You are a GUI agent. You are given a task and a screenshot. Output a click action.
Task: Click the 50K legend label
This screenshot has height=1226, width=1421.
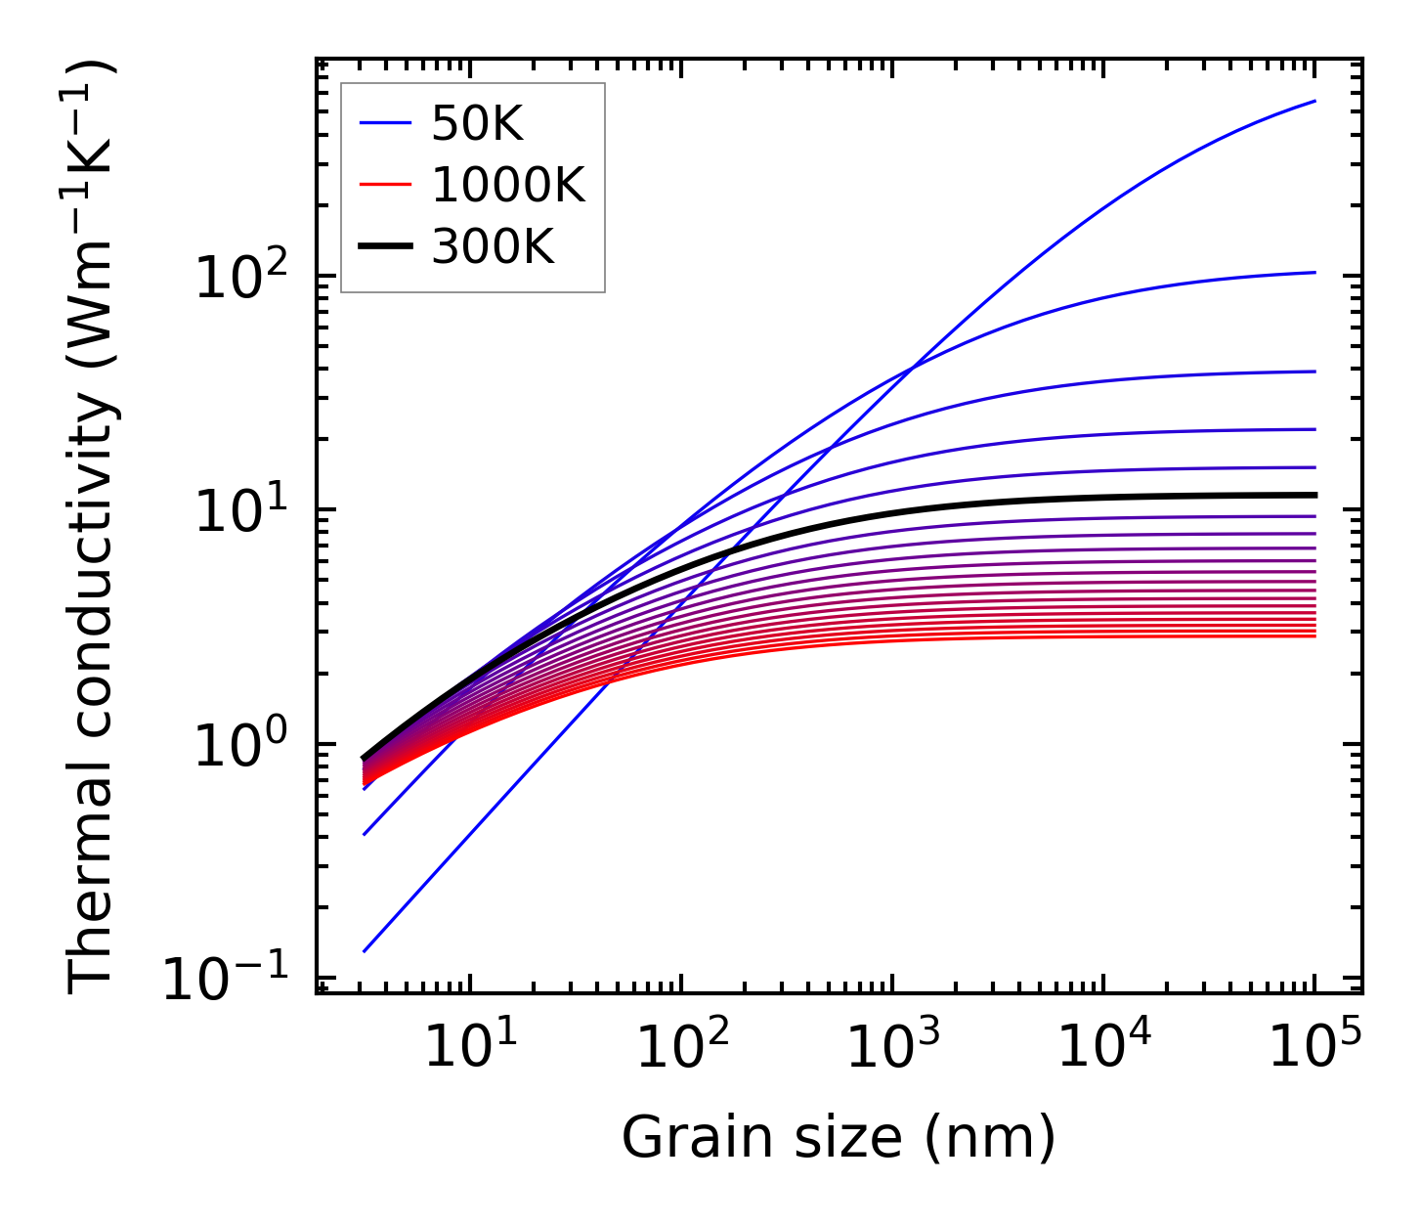click(477, 124)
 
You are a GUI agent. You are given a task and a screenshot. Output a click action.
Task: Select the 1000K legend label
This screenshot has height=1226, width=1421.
click(507, 186)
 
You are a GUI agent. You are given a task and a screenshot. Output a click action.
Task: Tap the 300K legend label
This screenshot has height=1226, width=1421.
click(493, 247)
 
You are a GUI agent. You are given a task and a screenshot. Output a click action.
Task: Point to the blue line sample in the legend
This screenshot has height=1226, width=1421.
click(386, 124)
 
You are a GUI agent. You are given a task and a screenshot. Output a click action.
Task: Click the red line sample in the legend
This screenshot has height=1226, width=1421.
click(386, 186)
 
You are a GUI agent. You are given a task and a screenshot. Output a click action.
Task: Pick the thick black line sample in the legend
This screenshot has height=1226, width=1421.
click(386, 247)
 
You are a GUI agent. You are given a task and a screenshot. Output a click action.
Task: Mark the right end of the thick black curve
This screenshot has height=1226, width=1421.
click(1314, 495)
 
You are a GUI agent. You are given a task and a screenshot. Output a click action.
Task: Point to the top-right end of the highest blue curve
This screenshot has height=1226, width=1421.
click(1314, 101)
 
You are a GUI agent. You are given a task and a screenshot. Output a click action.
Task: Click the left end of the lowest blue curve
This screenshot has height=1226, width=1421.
click(364, 950)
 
